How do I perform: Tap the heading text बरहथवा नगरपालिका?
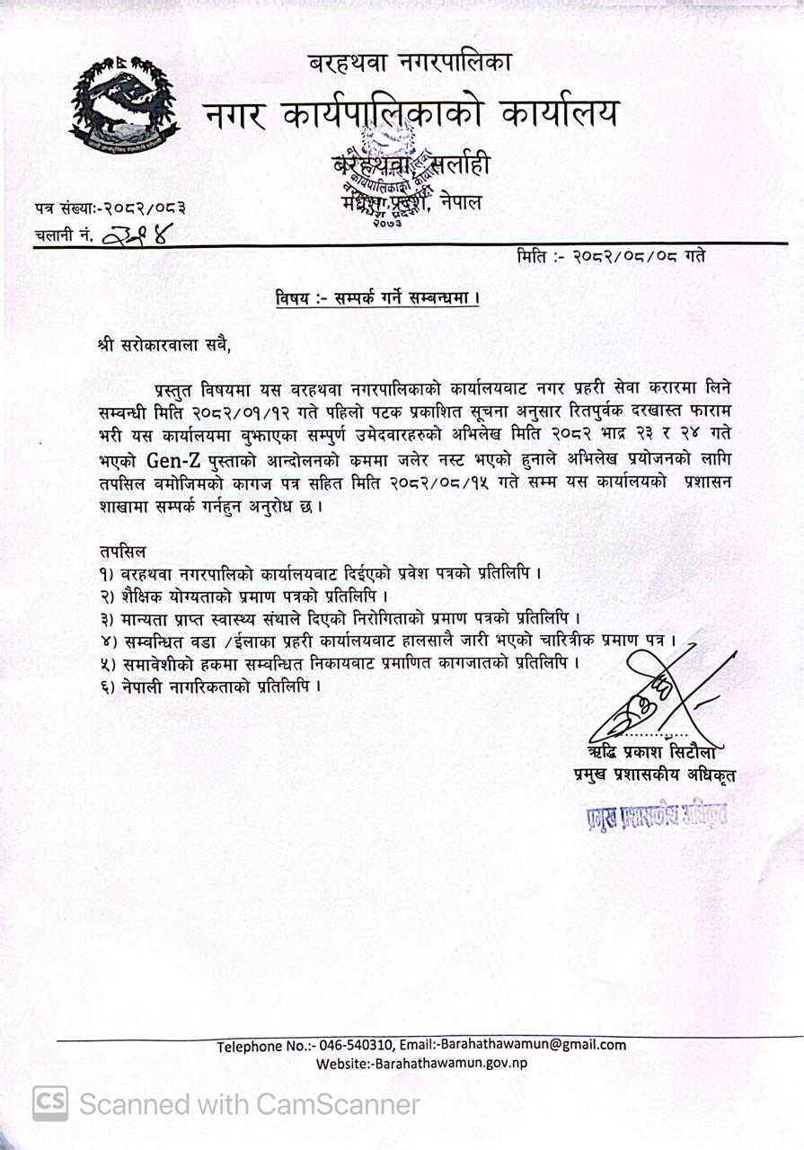(410, 64)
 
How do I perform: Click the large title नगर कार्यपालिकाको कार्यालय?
(411, 115)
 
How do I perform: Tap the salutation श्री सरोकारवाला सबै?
(170, 342)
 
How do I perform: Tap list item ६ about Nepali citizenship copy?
(211, 686)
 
